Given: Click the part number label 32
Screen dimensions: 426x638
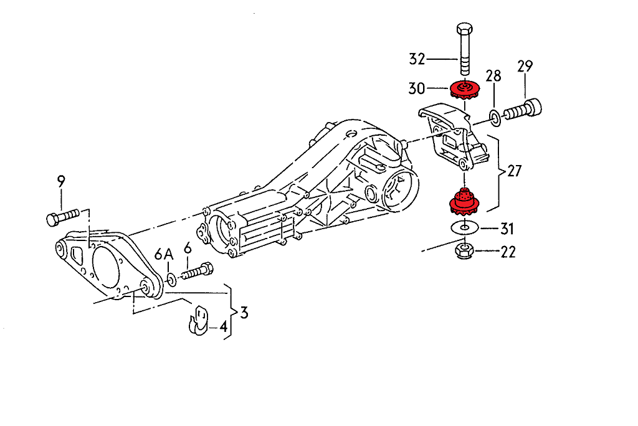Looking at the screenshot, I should click(x=417, y=59).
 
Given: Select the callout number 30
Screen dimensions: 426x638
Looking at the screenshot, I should click(x=417, y=88).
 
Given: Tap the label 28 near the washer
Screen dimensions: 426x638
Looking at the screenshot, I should click(x=493, y=77).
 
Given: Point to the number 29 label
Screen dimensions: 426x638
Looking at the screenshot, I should click(x=525, y=66).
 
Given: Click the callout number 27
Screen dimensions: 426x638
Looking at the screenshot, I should click(x=514, y=171).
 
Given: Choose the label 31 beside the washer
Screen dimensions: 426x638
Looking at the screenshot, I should click(x=507, y=229).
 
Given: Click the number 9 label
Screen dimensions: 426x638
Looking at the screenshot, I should click(x=61, y=182).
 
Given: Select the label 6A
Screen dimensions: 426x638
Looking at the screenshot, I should click(x=164, y=253).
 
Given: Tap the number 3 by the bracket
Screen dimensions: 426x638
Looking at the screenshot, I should click(x=244, y=313).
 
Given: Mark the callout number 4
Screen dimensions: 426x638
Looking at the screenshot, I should click(x=222, y=326).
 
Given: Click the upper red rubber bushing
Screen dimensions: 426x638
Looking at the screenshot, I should click(x=463, y=92).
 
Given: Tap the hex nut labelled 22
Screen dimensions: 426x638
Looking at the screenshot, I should click(x=463, y=252).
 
